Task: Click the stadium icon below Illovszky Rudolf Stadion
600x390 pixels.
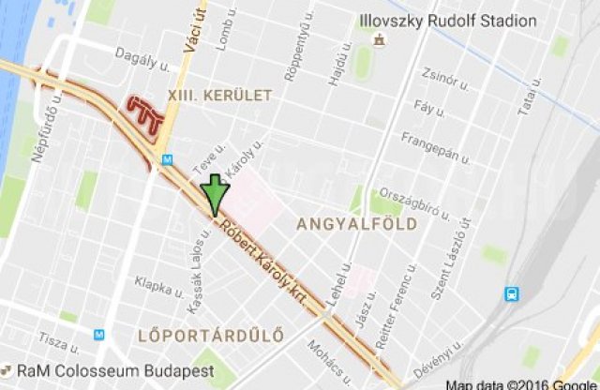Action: click(379, 40)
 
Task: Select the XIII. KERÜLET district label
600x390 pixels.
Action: click(218, 95)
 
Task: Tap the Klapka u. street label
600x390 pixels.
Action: click(156, 284)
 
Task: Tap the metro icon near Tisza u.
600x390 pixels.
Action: click(98, 335)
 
